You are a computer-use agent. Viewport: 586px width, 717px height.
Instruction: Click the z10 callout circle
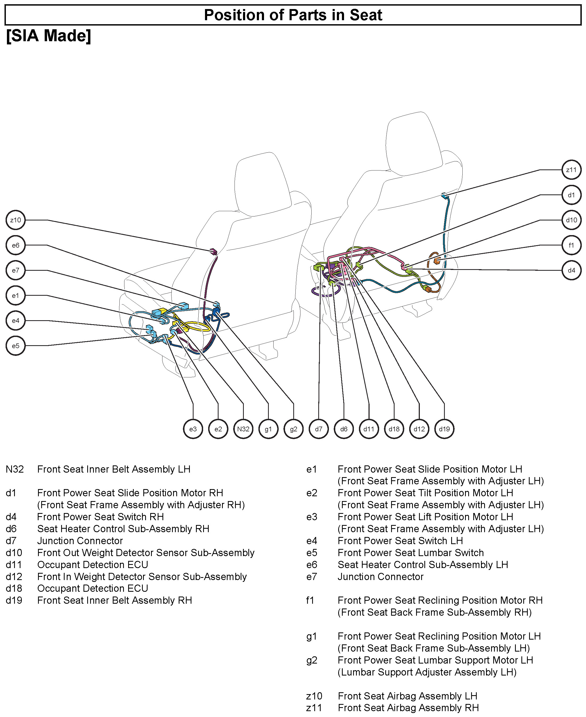pos(15,220)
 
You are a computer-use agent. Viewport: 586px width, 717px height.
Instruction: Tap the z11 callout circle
pos(571,170)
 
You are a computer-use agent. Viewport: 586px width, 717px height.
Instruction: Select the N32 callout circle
pos(243,429)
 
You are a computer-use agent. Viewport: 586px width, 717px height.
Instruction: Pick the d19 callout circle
pos(444,429)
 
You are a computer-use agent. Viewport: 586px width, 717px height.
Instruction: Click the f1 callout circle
pos(571,245)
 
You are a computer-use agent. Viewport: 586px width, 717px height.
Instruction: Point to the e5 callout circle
pos(15,346)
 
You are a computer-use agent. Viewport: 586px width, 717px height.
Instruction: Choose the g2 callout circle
pos(293,429)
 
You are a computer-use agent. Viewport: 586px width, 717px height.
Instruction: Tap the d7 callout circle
pos(319,429)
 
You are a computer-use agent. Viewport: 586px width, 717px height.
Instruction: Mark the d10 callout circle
pos(571,220)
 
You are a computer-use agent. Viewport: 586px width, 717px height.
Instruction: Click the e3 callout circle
pos(193,429)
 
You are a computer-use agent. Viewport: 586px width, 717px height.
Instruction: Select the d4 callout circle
pos(571,270)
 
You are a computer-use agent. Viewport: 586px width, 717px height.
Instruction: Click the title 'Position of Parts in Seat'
pos(293,15)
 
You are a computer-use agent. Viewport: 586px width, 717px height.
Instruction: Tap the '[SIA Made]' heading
pos(49,36)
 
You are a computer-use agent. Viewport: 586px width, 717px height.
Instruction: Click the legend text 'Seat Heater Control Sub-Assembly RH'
pos(123,529)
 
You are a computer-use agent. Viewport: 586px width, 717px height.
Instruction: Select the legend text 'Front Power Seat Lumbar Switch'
pos(411,553)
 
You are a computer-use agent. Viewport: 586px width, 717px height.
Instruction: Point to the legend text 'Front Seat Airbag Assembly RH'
pos(408,707)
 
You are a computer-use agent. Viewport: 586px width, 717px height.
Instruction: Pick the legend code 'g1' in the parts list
pos(312,636)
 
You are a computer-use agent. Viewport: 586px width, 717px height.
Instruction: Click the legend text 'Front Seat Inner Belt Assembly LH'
pos(114,469)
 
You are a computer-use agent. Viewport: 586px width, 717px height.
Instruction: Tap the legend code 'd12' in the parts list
pos(14,577)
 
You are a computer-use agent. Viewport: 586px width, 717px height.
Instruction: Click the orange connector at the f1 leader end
pos(437,261)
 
